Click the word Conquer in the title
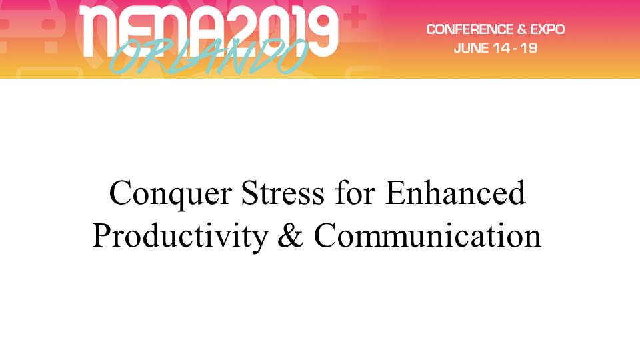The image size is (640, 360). pos(171,194)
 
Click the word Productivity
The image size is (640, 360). pos(181,237)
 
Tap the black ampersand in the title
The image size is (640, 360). pos(291,235)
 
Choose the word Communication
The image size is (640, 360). pos(427,235)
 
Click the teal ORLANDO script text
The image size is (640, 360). pos(208,57)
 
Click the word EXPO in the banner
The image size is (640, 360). pos(547,29)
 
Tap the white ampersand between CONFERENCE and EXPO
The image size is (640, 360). pos(521,29)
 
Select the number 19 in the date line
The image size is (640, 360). pos(529,48)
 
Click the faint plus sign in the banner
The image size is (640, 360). pos(355,17)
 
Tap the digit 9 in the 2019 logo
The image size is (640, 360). pos(321,31)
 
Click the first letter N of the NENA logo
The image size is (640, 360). pos(97,31)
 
